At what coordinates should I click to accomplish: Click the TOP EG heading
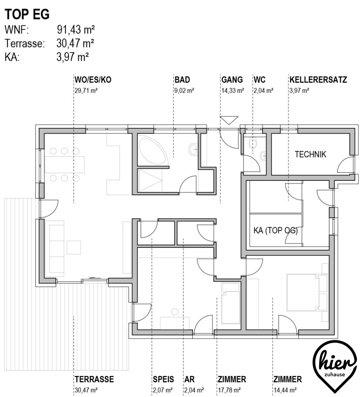27,14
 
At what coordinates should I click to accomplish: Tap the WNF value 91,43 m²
76,30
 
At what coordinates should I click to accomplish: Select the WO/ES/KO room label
93,80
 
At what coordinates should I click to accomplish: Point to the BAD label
182,80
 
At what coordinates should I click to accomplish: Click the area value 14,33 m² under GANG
232,90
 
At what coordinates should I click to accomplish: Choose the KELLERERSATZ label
318,80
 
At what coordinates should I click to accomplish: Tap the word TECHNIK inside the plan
310,154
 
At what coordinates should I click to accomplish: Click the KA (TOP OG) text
276,230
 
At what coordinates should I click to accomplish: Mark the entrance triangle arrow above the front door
229,120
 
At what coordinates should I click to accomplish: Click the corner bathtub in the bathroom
151,149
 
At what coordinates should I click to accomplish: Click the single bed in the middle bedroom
230,303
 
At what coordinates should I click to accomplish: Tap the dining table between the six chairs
65,165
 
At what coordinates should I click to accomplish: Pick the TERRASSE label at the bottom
94,379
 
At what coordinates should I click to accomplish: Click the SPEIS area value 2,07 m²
163,390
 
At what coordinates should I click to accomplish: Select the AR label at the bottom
189,379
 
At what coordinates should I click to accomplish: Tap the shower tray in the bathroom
150,180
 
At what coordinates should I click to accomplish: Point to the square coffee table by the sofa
74,247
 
